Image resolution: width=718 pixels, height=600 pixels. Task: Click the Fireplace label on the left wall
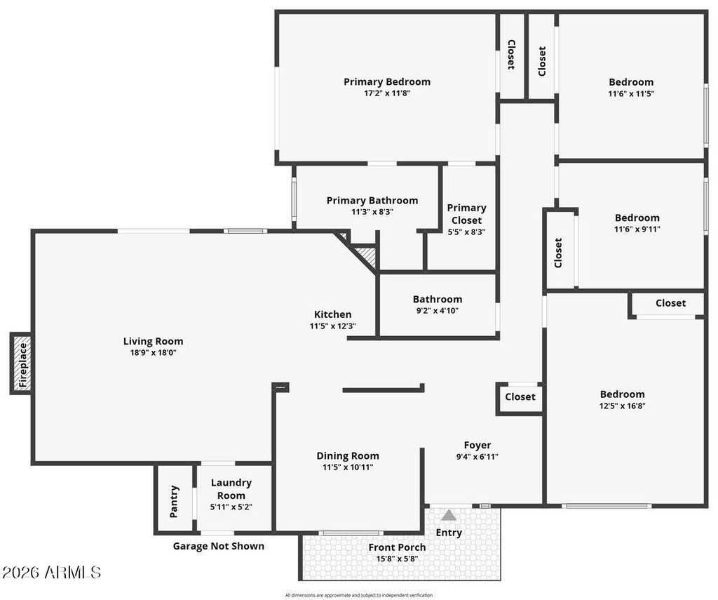[22, 364]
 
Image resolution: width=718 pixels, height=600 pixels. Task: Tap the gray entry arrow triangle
[449, 516]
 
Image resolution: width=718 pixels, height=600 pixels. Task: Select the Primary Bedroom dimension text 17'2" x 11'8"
[387, 93]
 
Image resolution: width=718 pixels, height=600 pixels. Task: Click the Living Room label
[153, 342]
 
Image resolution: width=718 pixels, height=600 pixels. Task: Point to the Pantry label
[175, 501]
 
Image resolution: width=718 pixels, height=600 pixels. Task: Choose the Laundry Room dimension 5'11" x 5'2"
[231, 507]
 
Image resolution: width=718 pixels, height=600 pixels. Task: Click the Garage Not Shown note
[219, 546]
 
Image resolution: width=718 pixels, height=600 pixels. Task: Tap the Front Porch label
[397, 547]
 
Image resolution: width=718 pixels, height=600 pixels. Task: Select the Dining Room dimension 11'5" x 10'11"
[347, 467]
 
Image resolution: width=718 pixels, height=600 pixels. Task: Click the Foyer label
[477, 445]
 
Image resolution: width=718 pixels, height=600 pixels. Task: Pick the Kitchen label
[332, 314]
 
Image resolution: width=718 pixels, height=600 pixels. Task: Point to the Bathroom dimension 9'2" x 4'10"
[437, 311]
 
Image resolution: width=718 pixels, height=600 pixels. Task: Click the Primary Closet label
[466, 214]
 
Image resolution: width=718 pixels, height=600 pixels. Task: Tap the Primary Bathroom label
[372, 201]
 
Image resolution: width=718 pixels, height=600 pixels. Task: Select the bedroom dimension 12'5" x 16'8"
[622, 406]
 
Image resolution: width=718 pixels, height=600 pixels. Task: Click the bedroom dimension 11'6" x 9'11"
[637, 229]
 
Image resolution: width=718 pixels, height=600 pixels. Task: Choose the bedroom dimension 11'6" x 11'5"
[631, 93]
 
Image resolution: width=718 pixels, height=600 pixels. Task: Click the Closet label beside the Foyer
[520, 397]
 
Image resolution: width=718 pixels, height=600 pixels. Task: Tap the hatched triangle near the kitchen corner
[367, 254]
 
